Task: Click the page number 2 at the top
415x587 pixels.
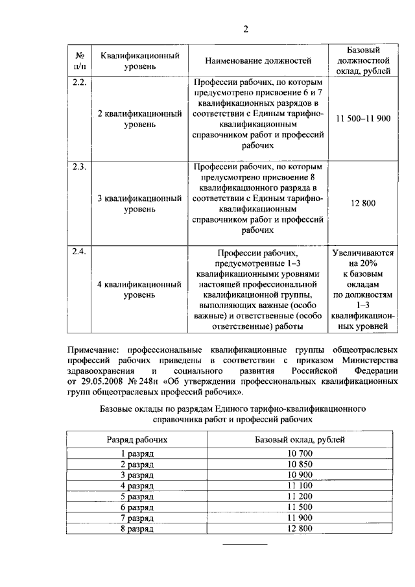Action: point(246,29)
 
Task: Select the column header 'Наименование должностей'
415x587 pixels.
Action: point(258,61)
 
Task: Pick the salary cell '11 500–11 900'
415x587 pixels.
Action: point(364,118)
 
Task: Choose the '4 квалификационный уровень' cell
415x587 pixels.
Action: point(139,289)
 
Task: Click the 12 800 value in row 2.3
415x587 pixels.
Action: point(364,204)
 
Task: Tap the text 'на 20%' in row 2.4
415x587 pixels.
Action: point(364,264)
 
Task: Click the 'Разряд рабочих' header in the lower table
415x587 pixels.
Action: point(137,439)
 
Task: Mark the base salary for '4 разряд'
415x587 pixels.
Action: point(300,485)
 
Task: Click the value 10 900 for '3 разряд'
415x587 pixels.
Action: point(300,475)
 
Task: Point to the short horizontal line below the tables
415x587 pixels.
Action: point(245,544)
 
